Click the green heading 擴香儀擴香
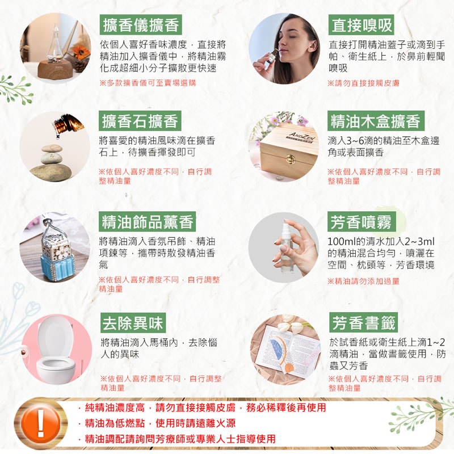coord(141,24)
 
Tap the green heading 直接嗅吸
coord(361,24)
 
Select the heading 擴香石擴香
coord(140,121)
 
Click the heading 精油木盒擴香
coord(376,121)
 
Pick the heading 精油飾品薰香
coord(148,221)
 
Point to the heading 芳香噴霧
coord(361,221)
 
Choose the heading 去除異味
coord(133,322)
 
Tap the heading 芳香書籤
coord(363,322)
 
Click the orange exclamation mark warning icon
coord(41,423)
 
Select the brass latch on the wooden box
coord(291,159)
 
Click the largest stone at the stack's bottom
coord(51,173)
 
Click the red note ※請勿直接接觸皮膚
coord(363,83)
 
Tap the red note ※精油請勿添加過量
coord(363,281)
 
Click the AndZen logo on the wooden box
coord(301,137)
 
